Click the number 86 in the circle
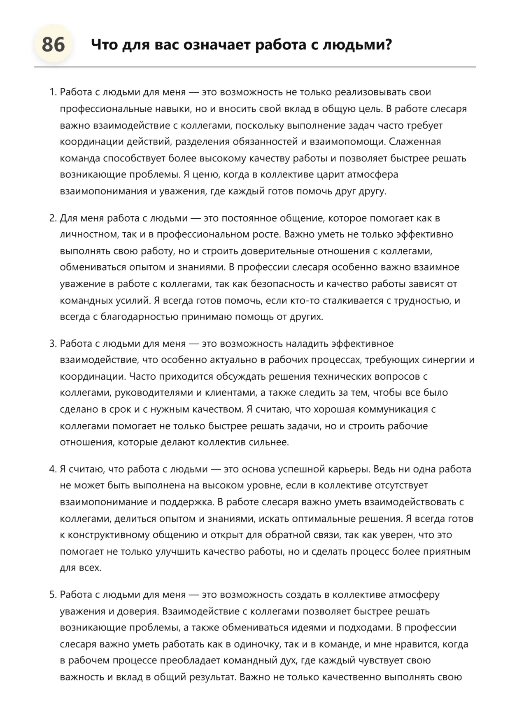click(53, 44)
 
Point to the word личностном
click(89, 234)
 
